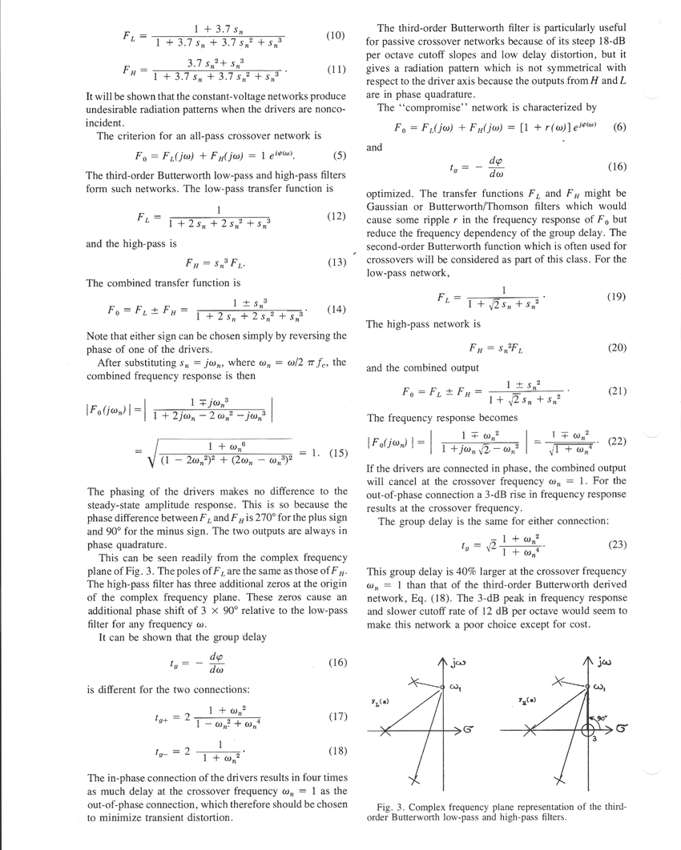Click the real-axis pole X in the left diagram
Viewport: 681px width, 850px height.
(x=385, y=732)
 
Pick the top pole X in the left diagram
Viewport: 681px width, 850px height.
(x=413, y=683)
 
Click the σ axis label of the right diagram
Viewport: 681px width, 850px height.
(x=621, y=729)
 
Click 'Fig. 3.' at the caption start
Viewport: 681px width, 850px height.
(x=391, y=806)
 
